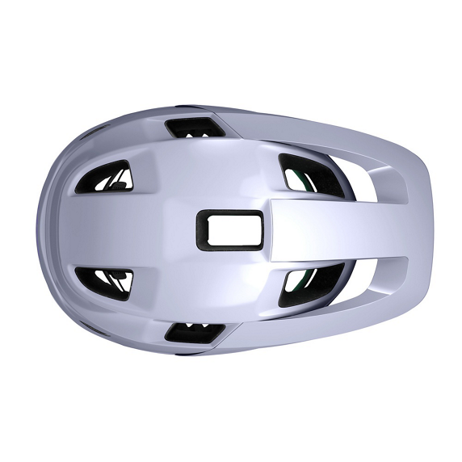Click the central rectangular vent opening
coord(232,229)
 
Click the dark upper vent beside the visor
coord(303,174)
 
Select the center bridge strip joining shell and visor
coord(323,229)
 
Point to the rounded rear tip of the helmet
coord(40,229)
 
